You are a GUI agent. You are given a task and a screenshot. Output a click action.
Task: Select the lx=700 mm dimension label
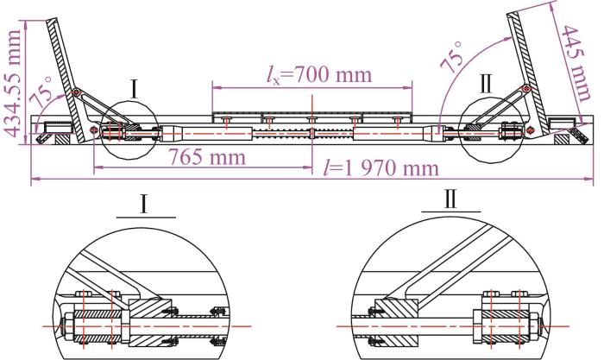pos(320,74)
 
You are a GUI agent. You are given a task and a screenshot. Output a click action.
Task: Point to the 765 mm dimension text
pos(207,157)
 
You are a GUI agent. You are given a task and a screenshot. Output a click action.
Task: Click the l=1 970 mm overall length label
pos(381,168)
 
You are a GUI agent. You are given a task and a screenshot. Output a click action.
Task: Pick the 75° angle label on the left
pos(43,92)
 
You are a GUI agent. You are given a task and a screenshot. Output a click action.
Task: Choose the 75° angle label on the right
pos(452,57)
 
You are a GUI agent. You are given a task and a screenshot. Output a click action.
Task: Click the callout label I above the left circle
pos(134,90)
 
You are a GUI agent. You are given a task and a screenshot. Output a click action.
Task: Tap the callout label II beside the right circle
pos(485,85)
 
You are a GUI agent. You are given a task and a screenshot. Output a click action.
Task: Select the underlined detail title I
pos(144,205)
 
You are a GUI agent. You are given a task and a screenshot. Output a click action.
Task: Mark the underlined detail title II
pos(450,199)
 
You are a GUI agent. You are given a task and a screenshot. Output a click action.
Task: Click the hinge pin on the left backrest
pos(76,92)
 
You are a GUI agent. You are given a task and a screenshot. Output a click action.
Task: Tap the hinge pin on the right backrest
pos(525,89)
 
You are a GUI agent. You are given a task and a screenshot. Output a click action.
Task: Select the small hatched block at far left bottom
pos(61,139)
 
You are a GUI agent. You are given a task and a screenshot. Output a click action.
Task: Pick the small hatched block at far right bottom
pos(561,139)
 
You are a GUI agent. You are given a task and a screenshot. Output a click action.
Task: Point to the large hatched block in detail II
pos(397,322)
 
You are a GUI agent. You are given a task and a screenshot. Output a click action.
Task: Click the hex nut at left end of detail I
pos(67,326)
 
